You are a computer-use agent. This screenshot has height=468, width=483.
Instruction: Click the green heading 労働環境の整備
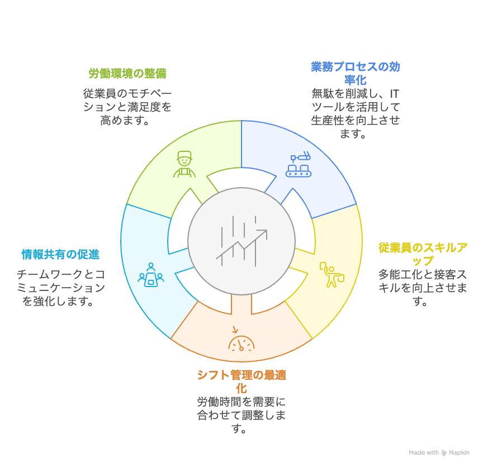[x=127, y=74]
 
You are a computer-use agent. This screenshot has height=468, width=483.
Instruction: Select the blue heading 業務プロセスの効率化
[x=355, y=73]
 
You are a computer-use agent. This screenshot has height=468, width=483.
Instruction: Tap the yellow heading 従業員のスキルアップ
[x=423, y=254]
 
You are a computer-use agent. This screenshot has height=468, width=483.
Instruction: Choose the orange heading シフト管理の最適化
[x=241, y=382]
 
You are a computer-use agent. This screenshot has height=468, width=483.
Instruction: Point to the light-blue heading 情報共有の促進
[x=60, y=255]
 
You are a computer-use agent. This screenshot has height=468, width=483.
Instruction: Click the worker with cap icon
[x=184, y=164]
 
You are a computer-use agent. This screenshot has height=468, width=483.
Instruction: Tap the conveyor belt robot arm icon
[x=298, y=164]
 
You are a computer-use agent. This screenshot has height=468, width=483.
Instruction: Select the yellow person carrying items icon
[x=332, y=274]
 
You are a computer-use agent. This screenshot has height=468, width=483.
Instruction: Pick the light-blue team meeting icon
[x=150, y=275]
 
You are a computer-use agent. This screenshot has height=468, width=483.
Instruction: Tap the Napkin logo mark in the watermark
[x=444, y=452]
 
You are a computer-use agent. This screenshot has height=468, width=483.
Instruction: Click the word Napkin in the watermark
[x=459, y=452]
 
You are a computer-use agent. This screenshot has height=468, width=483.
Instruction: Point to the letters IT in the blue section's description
[x=394, y=93]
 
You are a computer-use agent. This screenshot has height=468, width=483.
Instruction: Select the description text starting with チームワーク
[x=61, y=288]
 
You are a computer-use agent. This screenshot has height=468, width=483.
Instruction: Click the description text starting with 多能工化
[x=423, y=288]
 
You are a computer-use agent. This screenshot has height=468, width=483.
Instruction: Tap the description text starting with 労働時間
[x=241, y=416]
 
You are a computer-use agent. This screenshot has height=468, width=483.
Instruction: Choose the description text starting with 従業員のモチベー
[x=127, y=107]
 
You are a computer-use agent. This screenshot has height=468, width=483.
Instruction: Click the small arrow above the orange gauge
[x=235, y=329]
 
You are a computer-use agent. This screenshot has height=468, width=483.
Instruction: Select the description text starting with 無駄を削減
[x=355, y=113]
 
